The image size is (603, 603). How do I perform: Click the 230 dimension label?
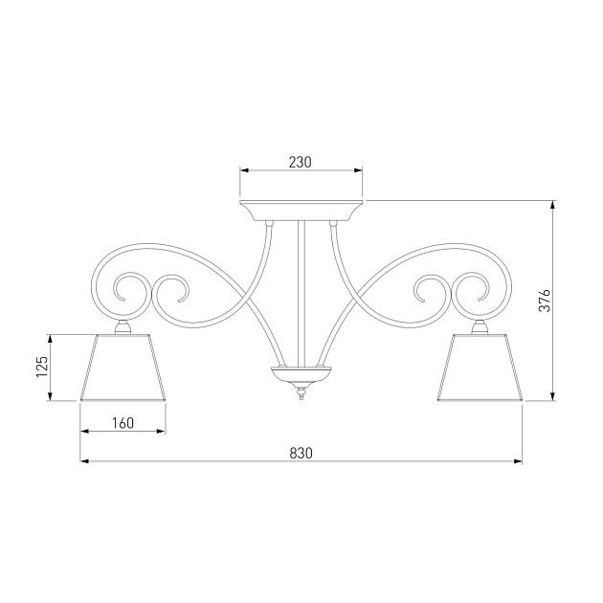301,162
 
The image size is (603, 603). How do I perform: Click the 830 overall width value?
301,452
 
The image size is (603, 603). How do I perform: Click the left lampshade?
123,368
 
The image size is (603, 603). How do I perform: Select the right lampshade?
480,368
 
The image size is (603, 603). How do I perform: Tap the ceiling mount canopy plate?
301,210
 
